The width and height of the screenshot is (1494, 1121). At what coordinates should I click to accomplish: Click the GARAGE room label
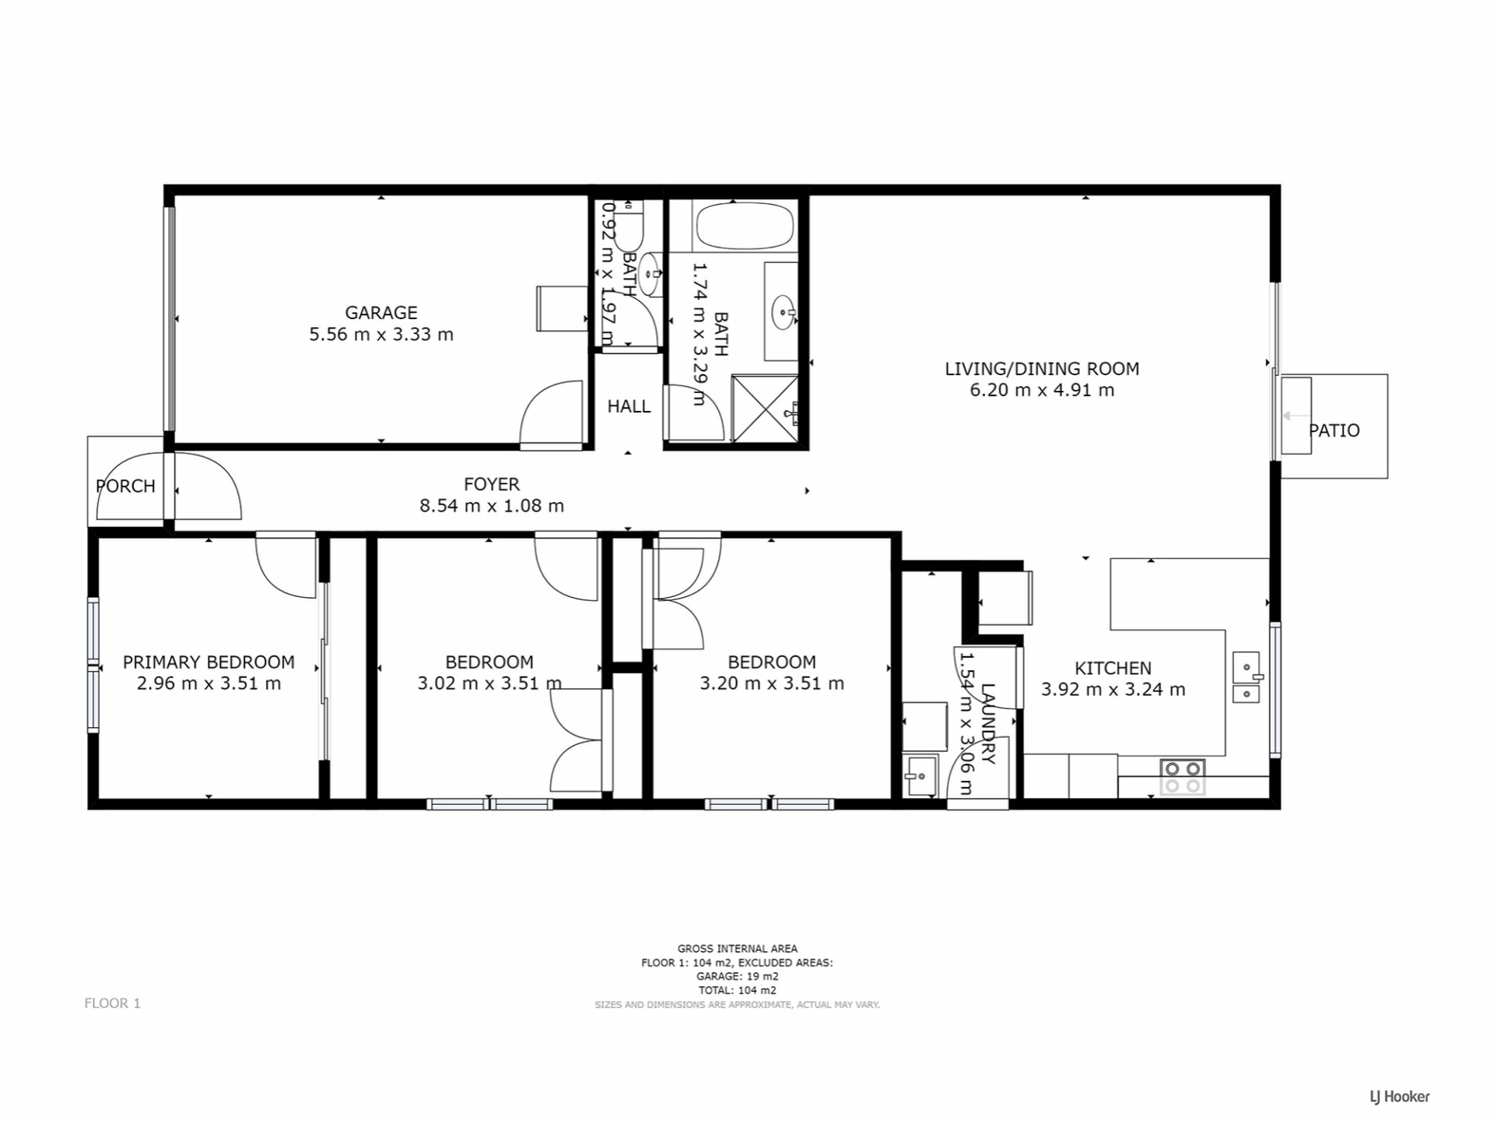[x=381, y=313]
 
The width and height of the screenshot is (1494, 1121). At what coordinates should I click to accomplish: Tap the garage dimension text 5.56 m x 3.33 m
[x=381, y=335]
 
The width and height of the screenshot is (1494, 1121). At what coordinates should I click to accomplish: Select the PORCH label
[x=125, y=487]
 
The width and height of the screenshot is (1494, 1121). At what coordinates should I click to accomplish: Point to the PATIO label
[x=1334, y=430]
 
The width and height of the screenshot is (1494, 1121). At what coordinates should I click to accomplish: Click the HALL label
[x=629, y=406]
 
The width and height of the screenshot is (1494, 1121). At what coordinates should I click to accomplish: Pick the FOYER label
[x=492, y=484]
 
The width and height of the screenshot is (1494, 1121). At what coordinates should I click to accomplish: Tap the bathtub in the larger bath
[x=745, y=226]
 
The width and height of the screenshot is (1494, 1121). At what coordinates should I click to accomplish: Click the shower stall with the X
[x=765, y=409]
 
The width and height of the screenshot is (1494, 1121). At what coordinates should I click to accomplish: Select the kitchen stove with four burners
[x=1183, y=777]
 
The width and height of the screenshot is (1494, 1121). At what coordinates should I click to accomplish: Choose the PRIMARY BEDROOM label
[x=209, y=662]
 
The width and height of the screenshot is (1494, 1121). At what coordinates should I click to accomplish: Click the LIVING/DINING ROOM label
[x=1042, y=369]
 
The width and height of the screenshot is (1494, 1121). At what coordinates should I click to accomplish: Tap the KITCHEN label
[x=1113, y=668]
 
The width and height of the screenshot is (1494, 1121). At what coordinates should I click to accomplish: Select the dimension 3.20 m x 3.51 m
[x=772, y=683]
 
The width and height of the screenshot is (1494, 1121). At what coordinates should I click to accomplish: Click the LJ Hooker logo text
[x=1400, y=1097]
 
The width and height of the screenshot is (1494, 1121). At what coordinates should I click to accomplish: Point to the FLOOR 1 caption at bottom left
[x=113, y=1003]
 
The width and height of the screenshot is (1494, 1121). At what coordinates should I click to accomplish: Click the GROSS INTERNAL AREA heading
[x=738, y=949]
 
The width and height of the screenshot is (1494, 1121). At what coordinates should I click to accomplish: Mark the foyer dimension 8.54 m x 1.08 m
[x=492, y=506]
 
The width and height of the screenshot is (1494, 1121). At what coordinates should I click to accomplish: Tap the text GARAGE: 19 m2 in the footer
[x=738, y=977]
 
